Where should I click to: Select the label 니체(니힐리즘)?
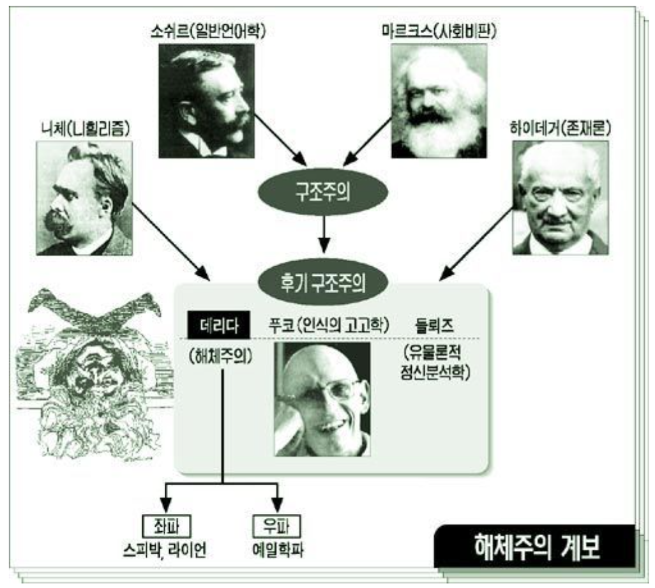[x=84, y=130]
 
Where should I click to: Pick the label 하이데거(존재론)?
[x=561, y=130]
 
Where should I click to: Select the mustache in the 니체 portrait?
[x=61, y=220]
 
